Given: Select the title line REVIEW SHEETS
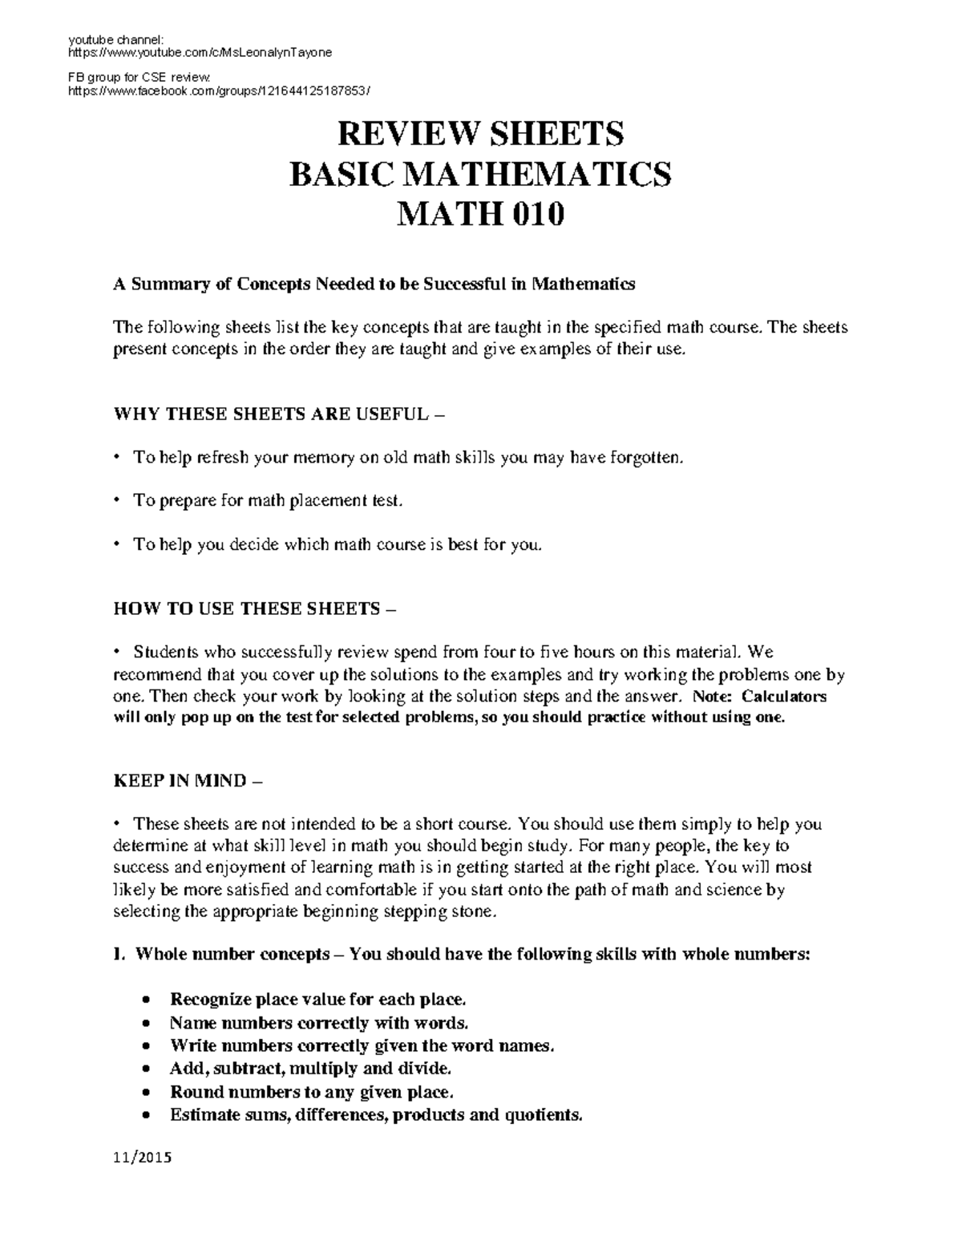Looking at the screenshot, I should point(480,134).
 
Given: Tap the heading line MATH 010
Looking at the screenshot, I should point(480,215).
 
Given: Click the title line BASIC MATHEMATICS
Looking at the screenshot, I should point(480,174).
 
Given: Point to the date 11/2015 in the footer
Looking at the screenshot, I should point(143,1158).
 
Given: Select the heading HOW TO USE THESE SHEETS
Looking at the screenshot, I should point(255,608).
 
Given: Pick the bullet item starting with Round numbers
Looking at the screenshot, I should point(311,1092).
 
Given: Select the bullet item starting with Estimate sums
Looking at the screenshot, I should point(375,1115).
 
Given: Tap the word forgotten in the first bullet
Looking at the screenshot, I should point(647,458).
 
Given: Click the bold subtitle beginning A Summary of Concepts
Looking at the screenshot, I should point(374,284).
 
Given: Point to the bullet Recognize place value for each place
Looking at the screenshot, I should point(317,1000).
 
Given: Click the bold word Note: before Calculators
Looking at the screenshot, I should point(712,697).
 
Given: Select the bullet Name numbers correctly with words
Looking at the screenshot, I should point(318,1023).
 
